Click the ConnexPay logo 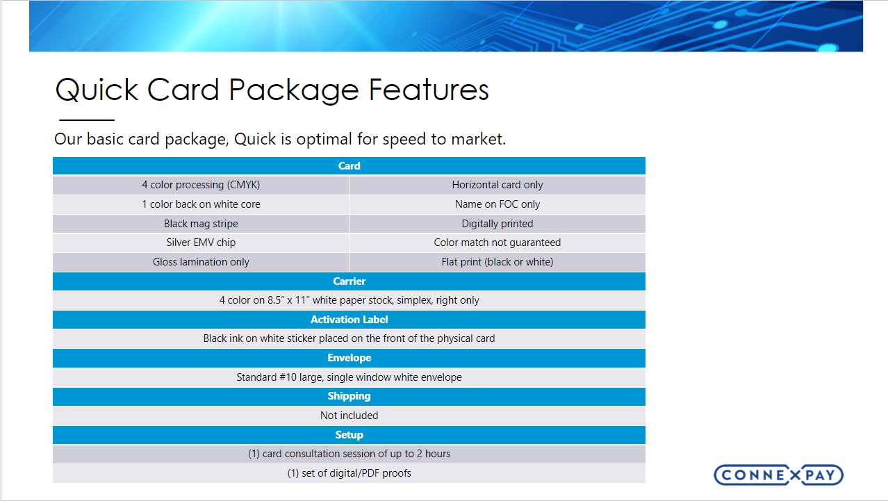(778, 475)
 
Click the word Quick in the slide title (97, 90)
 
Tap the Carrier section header (349, 281)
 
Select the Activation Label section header (349, 320)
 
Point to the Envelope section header (349, 358)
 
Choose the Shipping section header (349, 396)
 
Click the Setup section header (349, 435)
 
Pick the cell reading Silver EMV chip (201, 243)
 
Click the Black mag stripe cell (201, 224)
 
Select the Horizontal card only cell (497, 185)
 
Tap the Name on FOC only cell (497, 204)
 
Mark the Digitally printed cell (497, 224)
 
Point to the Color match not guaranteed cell (497, 243)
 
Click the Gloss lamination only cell (201, 262)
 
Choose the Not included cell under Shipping (349, 416)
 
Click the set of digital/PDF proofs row (349, 473)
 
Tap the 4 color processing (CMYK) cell (201, 185)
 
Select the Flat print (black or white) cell (497, 262)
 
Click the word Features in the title (429, 90)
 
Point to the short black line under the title (87, 120)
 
